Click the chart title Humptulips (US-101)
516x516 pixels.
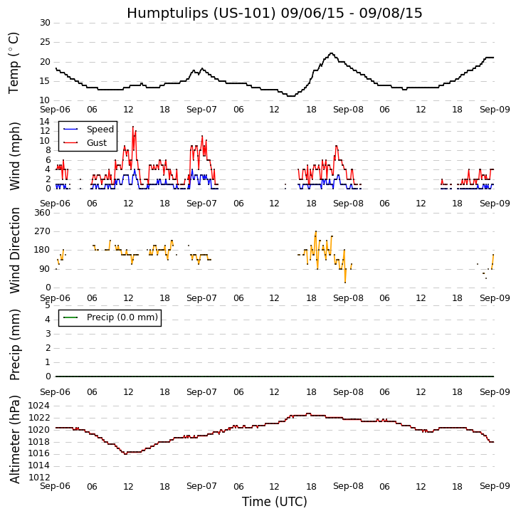click(x=274, y=14)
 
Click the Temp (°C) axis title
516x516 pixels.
click(x=14, y=63)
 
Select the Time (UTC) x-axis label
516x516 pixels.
click(x=274, y=502)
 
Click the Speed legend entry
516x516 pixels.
click(x=100, y=130)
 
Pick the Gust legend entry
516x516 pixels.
click(x=96, y=143)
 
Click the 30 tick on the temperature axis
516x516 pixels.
click(x=44, y=23)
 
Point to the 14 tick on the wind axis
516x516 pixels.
click(x=44, y=122)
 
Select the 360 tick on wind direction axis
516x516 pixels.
click(x=42, y=213)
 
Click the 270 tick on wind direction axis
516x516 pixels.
click(x=42, y=231)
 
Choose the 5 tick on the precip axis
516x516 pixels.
click(x=47, y=305)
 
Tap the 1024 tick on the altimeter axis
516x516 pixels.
click(x=38, y=406)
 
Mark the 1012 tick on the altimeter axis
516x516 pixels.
click(x=38, y=477)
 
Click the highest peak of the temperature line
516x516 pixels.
click(x=330, y=53)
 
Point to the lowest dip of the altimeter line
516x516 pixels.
click(x=126, y=453)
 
